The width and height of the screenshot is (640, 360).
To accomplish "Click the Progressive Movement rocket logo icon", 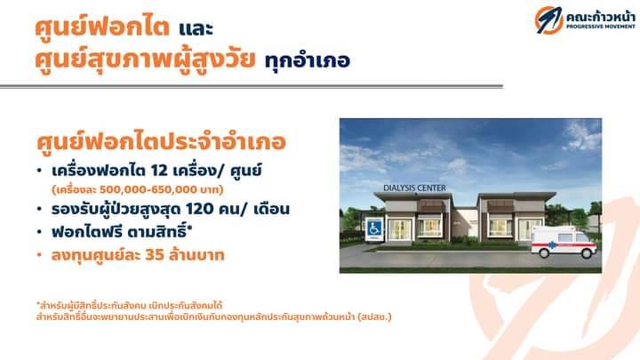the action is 548,20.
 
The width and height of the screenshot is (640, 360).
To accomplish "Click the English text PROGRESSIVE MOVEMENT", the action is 601,27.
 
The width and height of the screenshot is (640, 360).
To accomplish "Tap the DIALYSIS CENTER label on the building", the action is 414,188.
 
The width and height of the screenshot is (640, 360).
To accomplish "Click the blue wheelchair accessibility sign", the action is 374,229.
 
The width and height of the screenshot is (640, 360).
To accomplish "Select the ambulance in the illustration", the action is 564,242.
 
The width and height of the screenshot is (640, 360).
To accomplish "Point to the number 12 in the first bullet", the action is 160,171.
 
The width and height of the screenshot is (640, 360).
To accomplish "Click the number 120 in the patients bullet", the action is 200,209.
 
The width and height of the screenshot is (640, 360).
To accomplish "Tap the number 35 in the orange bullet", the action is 155,255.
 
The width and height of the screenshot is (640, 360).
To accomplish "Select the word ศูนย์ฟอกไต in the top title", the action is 102,27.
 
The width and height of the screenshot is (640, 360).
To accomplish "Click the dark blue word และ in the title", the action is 196,28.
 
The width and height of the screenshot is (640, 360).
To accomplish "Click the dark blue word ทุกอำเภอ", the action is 307,60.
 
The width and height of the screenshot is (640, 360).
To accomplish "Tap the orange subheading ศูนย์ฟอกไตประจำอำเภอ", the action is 161,142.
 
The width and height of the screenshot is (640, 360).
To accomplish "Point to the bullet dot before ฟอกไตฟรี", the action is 39,232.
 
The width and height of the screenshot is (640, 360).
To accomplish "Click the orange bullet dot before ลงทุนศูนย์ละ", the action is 39,255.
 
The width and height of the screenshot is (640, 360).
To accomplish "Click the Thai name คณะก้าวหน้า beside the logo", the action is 600,17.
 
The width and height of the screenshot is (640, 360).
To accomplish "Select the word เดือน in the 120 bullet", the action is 271,209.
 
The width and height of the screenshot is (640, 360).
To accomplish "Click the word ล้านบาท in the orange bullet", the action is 196,255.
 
